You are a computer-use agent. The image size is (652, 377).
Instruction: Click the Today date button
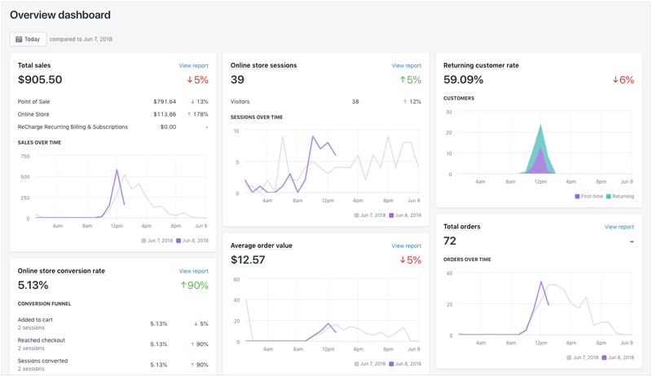pos(28,39)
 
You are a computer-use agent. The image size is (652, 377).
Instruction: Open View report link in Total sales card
pos(193,65)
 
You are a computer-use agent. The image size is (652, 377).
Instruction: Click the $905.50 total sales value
pos(40,80)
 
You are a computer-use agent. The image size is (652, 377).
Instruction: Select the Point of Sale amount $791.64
pos(164,102)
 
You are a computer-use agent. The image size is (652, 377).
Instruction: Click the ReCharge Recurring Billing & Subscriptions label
pos(73,126)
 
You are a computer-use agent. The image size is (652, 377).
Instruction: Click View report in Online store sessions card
pos(406,65)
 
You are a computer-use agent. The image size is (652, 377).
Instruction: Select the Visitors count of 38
pos(355,102)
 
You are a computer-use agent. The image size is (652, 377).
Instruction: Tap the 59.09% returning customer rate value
pos(464,80)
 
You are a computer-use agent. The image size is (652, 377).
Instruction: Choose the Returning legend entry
pos(621,197)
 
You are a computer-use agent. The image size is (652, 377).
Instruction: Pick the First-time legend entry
pos(588,197)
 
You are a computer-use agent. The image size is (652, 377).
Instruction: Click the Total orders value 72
pos(451,242)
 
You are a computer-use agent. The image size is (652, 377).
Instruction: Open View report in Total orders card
pos(619,227)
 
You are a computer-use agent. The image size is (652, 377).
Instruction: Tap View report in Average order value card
pos(406,246)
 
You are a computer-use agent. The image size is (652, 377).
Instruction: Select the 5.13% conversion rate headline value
pos(33,286)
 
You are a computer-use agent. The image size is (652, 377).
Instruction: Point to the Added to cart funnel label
pos(37,320)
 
